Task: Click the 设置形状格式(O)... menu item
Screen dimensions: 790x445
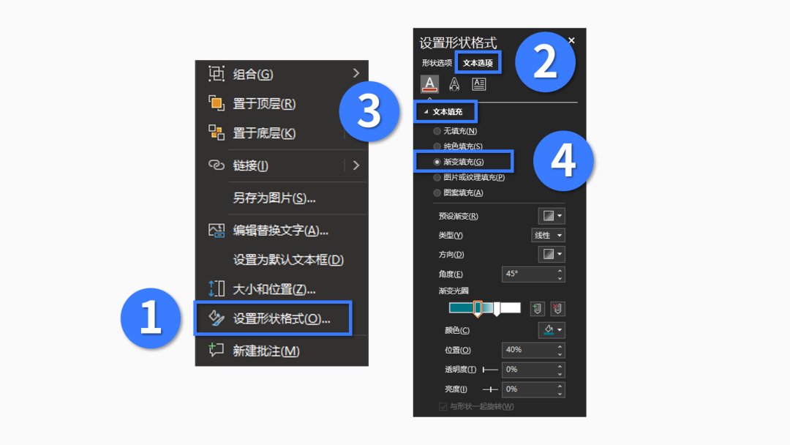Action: [281, 318]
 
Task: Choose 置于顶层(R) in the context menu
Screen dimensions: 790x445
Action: [264, 103]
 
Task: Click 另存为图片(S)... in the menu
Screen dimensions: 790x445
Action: [274, 198]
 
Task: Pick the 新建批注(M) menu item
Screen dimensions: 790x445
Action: [266, 351]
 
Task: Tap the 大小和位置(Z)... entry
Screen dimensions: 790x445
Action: [274, 289]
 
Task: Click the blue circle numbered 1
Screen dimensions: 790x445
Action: [151, 318]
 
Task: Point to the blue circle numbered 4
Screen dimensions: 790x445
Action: [563, 161]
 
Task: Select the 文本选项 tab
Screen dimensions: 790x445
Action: [478, 63]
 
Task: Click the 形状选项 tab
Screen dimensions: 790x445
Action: [437, 63]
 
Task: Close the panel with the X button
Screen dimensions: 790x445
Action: [571, 40]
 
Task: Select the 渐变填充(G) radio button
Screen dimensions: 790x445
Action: [437, 162]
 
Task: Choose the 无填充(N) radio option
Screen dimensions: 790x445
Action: [437, 131]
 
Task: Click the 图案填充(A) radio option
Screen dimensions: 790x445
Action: [437, 192]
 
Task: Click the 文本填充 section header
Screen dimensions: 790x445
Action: [448, 112]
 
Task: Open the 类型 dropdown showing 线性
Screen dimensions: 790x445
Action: [548, 236]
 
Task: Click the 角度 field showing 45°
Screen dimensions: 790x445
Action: [533, 274]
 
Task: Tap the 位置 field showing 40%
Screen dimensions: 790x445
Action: [533, 351]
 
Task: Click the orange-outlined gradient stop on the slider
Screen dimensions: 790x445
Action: [478, 308]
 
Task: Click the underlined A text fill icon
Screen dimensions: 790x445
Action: [430, 84]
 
